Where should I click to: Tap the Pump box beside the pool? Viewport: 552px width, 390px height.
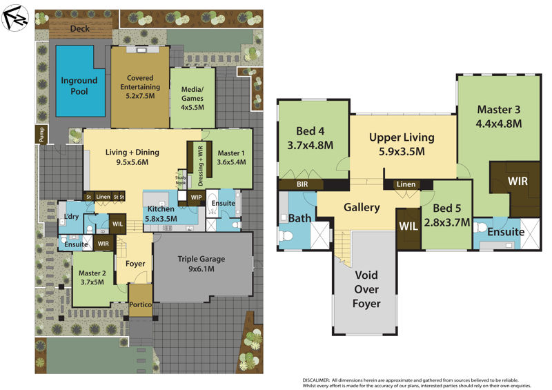click(41, 136)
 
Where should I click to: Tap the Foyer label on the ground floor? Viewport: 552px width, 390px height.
click(135, 263)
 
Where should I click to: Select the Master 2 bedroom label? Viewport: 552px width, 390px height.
click(93, 277)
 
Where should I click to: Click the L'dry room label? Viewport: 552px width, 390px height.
click(71, 218)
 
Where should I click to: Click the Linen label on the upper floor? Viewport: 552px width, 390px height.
click(406, 184)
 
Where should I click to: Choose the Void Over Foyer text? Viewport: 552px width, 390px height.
click(366, 289)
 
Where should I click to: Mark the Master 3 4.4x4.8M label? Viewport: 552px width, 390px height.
click(498, 117)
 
